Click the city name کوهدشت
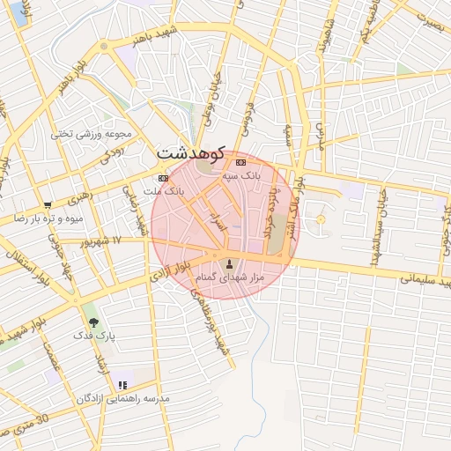[x=193, y=152]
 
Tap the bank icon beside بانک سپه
[x=240, y=162]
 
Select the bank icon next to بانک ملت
[x=164, y=178]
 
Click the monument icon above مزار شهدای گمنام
[x=230, y=263]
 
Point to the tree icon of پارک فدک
[x=94, y=322]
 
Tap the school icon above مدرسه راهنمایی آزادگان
[x=122, y=385]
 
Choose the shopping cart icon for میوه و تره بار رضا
[x=47, y=204]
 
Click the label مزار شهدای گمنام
[x=230, y=278]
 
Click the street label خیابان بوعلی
[x=212, y=102]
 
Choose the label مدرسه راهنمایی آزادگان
[x=122, y=399]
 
